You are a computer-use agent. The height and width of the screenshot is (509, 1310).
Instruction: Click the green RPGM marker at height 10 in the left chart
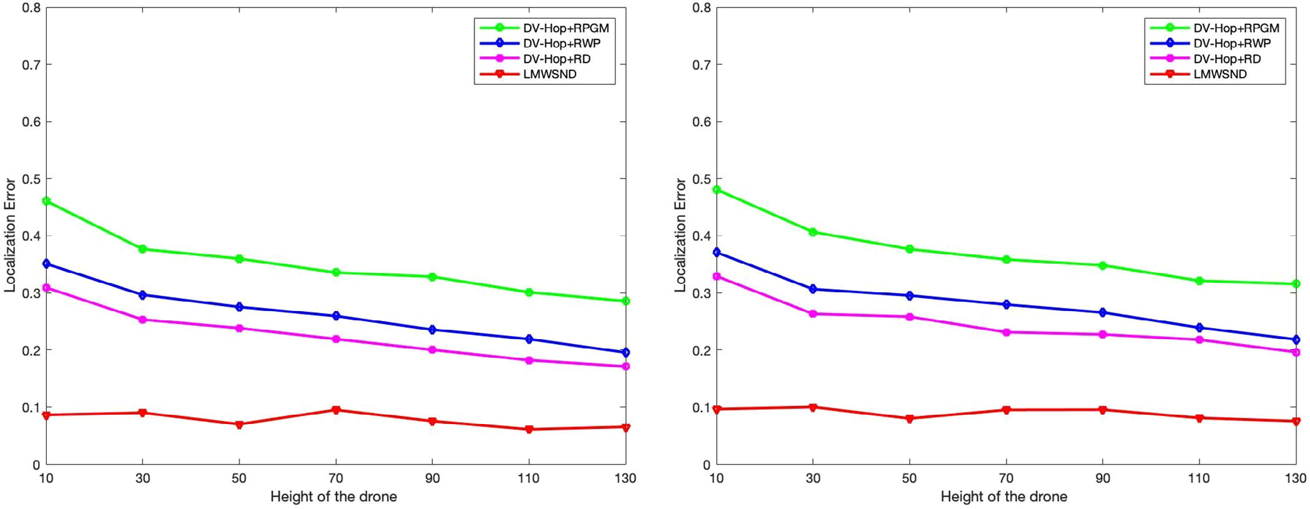click(x=46, y=201)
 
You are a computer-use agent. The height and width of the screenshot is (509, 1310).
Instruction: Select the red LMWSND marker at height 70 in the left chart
click(x=336, y=410)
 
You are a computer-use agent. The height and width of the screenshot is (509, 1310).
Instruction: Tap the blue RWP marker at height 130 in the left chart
click(x=626, y=353)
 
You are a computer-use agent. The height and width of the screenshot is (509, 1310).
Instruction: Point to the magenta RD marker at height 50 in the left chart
click(x=239, y=329)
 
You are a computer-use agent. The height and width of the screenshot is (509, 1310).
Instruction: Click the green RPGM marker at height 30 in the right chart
click(x=813, y=232)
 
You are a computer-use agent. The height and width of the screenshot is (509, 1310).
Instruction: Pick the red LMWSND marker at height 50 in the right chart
click(x=909, y=418)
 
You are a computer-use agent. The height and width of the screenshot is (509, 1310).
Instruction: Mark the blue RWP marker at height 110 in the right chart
click(x=1199, y=328)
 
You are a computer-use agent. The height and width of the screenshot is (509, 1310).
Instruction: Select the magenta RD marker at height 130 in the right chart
click(x=1296, y=352)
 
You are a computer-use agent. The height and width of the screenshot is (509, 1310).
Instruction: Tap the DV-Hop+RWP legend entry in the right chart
click(x=1231, y=44)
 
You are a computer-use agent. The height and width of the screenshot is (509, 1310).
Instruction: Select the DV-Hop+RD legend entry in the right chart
click(x=1227, y=59)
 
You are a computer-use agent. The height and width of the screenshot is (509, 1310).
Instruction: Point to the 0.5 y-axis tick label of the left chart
click(x=31, y=179)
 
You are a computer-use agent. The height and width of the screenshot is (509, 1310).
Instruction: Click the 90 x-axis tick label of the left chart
click(x=432, y=478)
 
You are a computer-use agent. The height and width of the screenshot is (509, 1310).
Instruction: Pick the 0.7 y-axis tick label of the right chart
click(x=701, y=65)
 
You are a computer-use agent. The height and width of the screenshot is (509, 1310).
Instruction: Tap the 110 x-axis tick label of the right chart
click(x=1199, y=478)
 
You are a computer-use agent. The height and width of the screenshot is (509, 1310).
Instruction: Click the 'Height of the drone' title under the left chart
click(x=333, y=497)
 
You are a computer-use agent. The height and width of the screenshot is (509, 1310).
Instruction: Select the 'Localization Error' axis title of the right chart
click(x=680, y=235)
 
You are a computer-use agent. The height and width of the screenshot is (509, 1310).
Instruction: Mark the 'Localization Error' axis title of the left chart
click(x=10, y=235)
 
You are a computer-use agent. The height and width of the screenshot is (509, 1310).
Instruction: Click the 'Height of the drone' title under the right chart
click(x=1004, y=497)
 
